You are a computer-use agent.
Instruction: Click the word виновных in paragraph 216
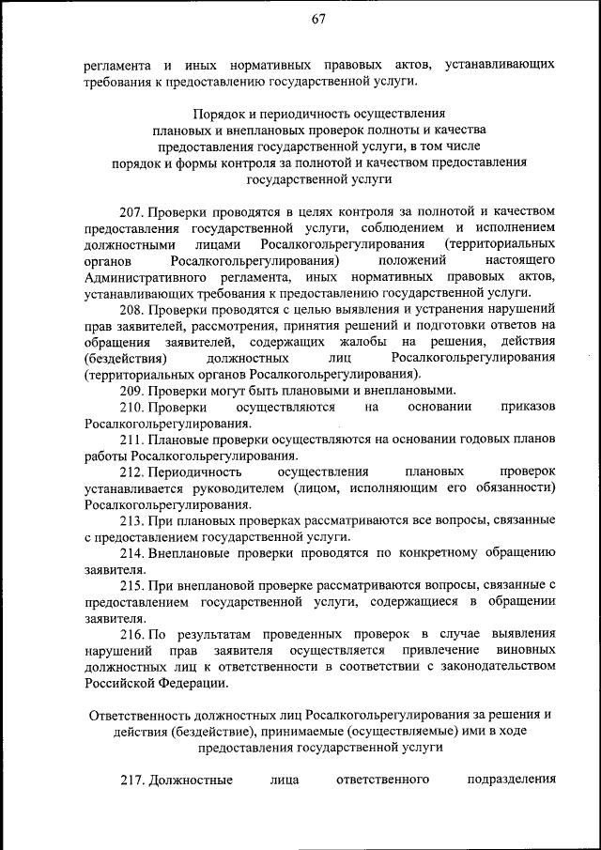click(523, 650)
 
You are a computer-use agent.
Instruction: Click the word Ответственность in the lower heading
click(137, 715)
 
